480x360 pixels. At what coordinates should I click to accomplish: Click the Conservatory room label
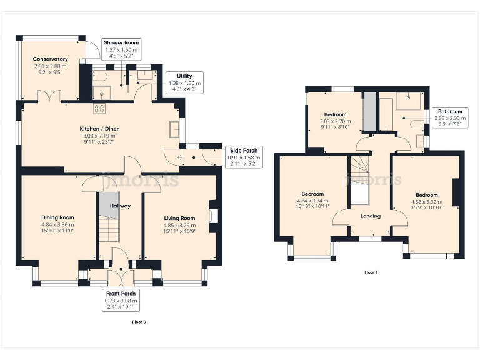pyautogui.click(x=51, y=59)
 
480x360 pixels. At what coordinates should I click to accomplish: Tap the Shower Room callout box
pyautogui.click(x=122, y=49)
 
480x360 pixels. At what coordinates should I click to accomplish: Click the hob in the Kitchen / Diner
pyautogui.click(x=99, y=108)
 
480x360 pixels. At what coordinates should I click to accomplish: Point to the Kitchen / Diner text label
pyautogui.click(x=99, y=129)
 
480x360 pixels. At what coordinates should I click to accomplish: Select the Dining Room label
pyautogui.click(x=57, y=217)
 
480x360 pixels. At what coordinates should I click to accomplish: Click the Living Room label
pyautogui.click(x=175, y=218)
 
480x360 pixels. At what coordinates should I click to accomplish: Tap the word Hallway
pyautogui.click(x=120, y=206)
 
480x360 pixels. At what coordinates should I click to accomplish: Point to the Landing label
pyautogui.click(x=371, y=216)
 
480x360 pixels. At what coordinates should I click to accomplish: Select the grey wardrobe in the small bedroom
pyautogui.click(x=369, y=111)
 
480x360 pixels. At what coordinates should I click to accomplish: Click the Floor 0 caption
pyautogui.click(x=139, y=322)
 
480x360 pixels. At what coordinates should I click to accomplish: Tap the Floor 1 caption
pyautogui.click(x=371, y=272)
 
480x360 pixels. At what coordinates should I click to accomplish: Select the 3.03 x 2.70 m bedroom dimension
pyautogui.click(x=336, y=121)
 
